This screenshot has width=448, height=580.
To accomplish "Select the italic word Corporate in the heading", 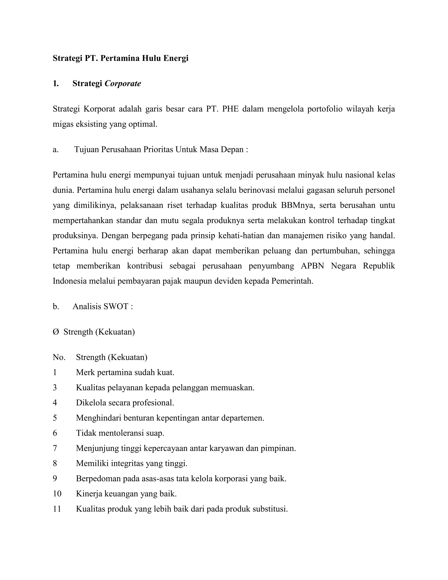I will (x=123, y=84).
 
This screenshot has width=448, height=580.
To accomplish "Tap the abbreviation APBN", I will (x=312, y=266).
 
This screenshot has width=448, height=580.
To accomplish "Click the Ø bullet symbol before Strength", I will (x=56, y=332).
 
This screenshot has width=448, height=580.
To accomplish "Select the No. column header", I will (x=59, y=357).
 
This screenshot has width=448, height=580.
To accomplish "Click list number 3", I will (x=55, y=388).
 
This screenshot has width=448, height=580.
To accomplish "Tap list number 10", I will (x=57, y=494).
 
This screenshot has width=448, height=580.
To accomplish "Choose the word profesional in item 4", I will (x=153, y=403).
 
